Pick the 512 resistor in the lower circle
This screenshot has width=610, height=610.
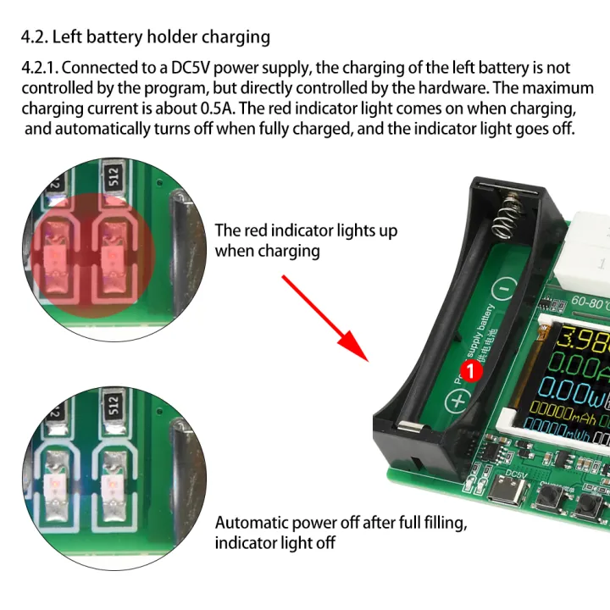pos(113,401)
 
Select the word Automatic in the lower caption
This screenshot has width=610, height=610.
pos(248,523)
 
